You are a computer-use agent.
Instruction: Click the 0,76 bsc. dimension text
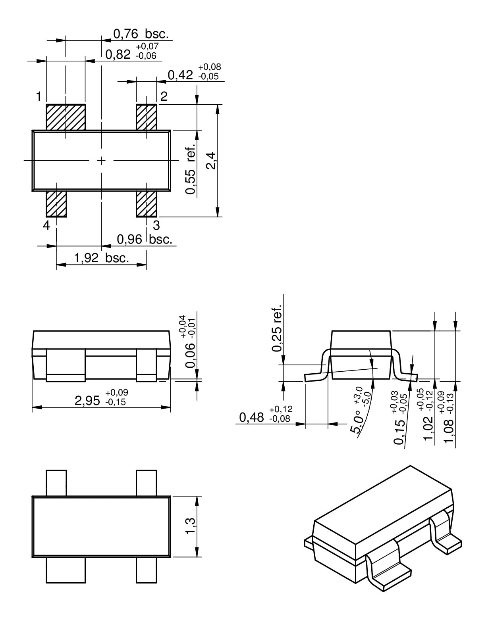pyautogui.click(x=141, y=34)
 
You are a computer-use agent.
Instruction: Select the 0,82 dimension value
pyautogui.click(x=118, y=54)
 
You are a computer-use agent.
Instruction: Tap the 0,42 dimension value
pyautogui.click(x=180, y=75)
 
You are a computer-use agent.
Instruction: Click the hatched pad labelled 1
pyautogui.click(x=66, y=117)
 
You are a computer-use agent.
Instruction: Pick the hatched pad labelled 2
pyautogui.click(x=147, y=117)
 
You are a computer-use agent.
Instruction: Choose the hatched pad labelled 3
pyautogui.click(x=147, y=204)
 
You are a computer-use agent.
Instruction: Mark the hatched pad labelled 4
pyautogui.click(x=56, y=204)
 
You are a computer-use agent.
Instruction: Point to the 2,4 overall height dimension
pyautogui.click(x=211, y=161)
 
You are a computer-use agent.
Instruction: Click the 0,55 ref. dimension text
pyautogui.click(x=190, y=169)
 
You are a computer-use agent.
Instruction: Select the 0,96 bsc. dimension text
pyautogui.click(x=145, y=239)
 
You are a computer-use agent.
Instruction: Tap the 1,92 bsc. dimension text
pyautogui.click(x=102, y=257)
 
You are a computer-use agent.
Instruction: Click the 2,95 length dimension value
pyautogui.click(x=87, y=401)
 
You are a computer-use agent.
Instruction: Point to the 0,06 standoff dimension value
pyautogui.click(x=190, y=355)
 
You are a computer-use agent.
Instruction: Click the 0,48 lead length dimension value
pyautogui.click(x=251, y=417)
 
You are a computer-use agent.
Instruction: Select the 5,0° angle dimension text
pyautogui.click(x=357, y=421)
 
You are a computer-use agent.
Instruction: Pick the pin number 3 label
pyautogui.click(x=156, y=225)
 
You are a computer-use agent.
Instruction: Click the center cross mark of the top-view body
pyautogui.click(x=101, y=161)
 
